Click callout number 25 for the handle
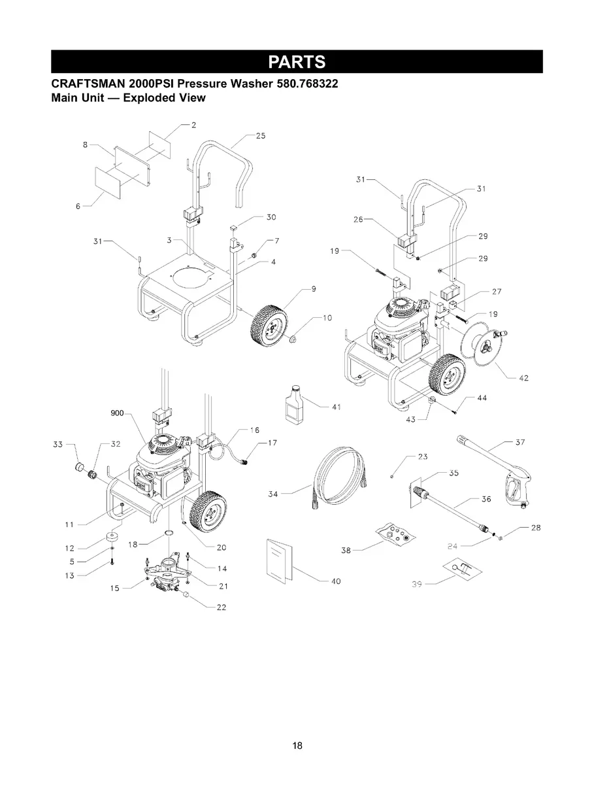click(260, 136)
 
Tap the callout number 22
click(221, 608)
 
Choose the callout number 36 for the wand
click(485, 500)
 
